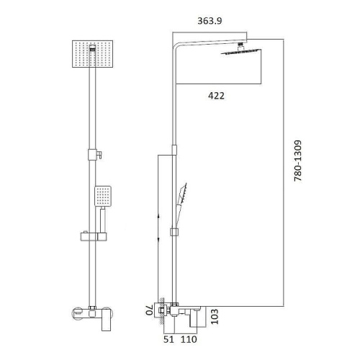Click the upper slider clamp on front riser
(x=92, y=153)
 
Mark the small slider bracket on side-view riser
(x=174, y=231)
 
